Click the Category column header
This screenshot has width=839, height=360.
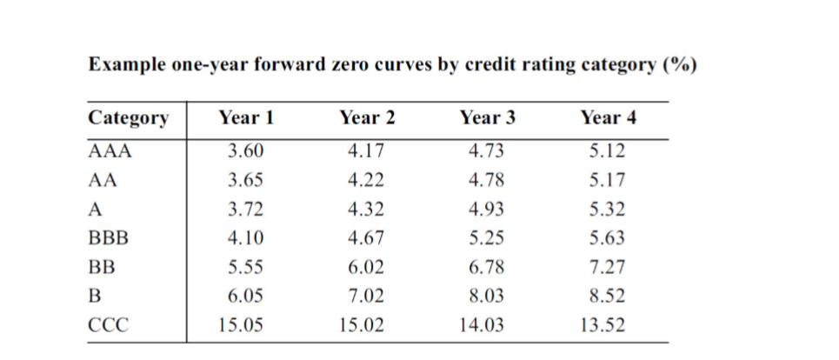pos(130,118)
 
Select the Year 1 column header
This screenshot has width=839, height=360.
pos(246,118)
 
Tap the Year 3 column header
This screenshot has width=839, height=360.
pos(487,118)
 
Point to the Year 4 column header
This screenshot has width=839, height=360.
pos(607,118)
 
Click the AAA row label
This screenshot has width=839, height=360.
pos(110,151)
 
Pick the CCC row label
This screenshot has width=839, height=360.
pos(110,326)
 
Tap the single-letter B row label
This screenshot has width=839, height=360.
pos(96,297)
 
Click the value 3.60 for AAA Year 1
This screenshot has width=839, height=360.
pos(245,151)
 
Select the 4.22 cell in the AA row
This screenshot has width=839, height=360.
pos(366,181)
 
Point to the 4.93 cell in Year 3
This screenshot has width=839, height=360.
pos(486,210)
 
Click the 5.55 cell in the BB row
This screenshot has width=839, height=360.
pos(245,268)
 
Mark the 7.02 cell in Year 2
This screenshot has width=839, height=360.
pos(366,297)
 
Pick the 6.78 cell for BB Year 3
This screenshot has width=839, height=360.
pos(486,268)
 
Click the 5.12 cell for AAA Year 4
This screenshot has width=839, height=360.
pos(606,151)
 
